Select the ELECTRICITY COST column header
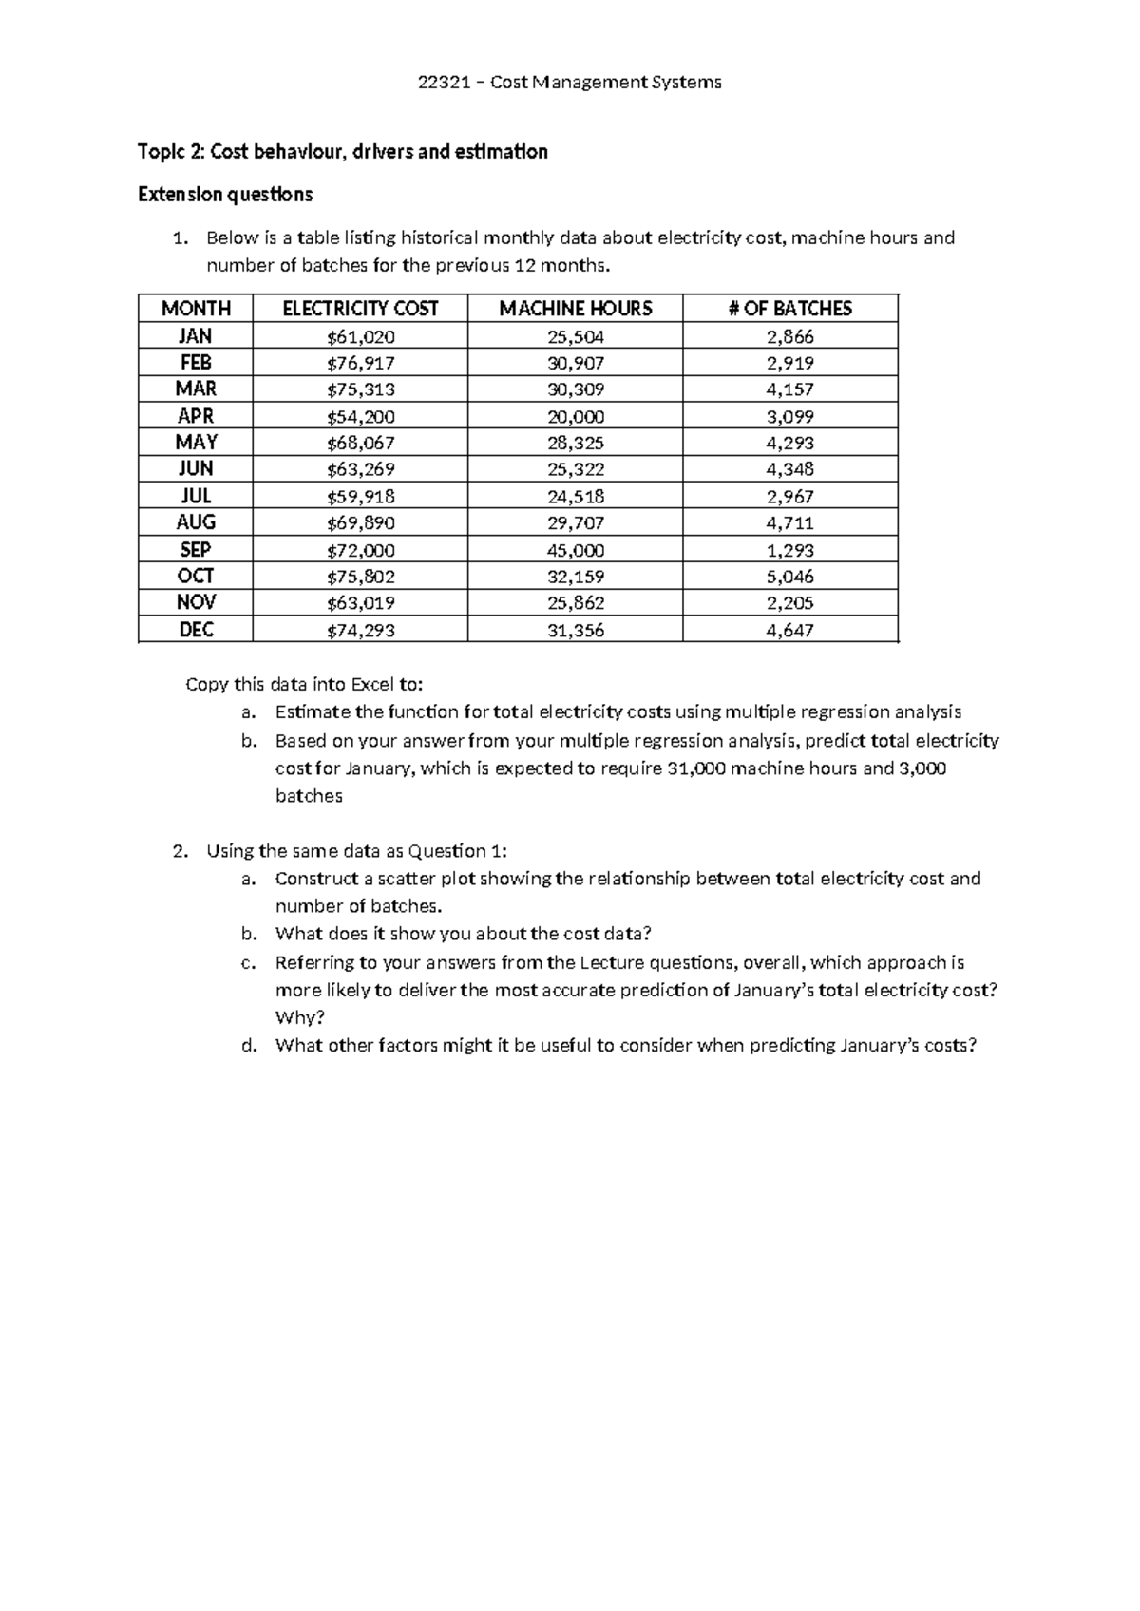(360, 309)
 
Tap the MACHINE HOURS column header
(575, 309)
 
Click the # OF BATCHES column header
(789, 309)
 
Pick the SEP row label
(196, 550)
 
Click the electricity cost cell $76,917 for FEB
(360, 363)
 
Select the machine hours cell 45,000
(575, 550)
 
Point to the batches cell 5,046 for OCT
(789, 577)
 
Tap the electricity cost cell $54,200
(360, 416)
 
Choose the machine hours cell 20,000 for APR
(575, 416)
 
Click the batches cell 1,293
(789, 550)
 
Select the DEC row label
(196, 630)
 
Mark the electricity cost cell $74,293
(360, 630)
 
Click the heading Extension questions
(225, 195)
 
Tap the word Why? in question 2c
(300, 1017)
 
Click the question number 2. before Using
(181, 851)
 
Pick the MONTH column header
(196, 309)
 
